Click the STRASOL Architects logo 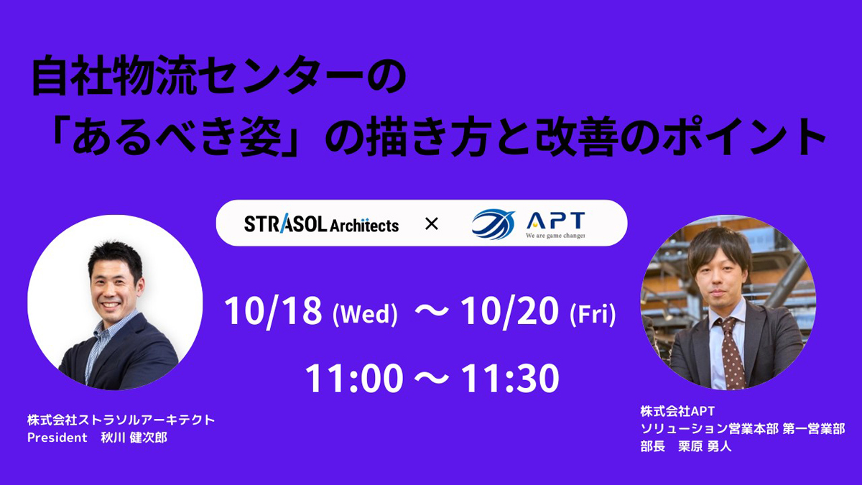pos(321,224)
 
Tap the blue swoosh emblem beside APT pos(493,224)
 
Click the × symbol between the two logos pos(431,224)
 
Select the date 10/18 pos(272,311)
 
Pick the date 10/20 pos(509,311)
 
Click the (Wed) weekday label pos(364,315)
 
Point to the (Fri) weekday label pos(592,315)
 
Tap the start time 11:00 pos(353,379)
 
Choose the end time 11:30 pos(510,379)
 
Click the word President pos(57,438)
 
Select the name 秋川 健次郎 pos(134,438)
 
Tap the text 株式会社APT pos(677,412)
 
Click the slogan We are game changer pos(555,236)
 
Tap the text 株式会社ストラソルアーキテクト pos(121,420)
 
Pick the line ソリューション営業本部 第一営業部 pos(743,429)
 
